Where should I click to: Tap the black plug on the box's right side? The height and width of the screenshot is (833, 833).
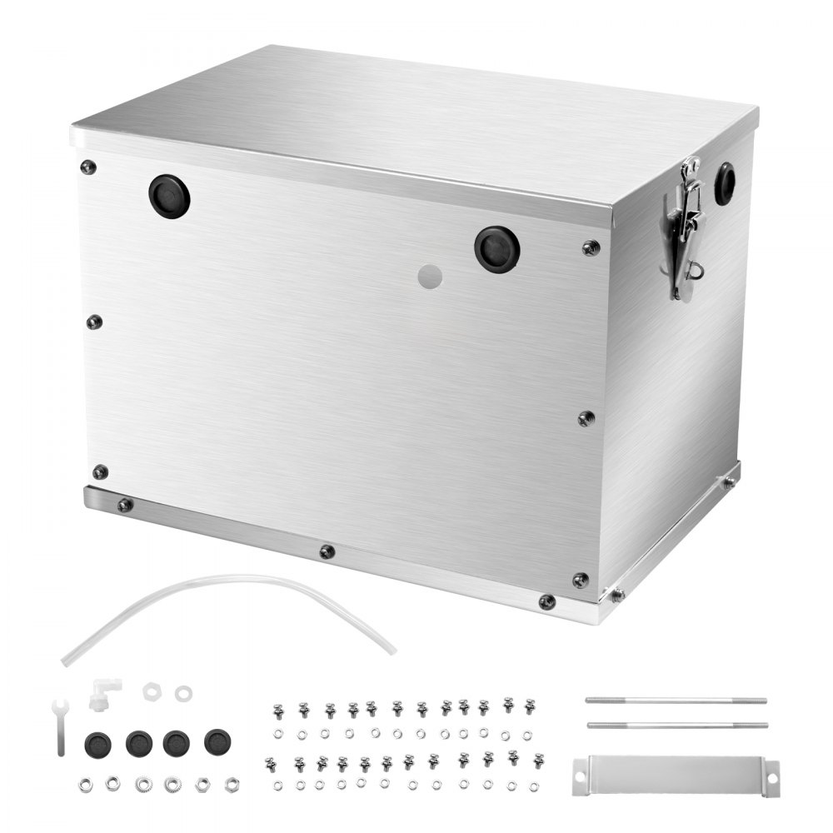[724, 183]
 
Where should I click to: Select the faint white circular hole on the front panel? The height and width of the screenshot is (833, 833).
[429, 277]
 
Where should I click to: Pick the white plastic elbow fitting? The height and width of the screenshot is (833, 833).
[104, 692]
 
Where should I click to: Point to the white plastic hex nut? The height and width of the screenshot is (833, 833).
[151, 691]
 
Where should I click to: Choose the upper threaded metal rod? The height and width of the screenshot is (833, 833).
[676, 701]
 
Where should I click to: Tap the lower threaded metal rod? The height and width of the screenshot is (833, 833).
[676, 725]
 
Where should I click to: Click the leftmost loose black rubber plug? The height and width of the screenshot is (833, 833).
[97, 743]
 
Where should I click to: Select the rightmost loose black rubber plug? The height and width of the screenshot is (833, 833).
[217, 741]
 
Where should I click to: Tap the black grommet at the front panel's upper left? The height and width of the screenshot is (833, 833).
[169, 197]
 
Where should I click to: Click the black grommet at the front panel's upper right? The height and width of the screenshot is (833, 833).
[497, 249]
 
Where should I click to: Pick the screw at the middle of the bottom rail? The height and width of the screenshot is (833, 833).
[327, 551]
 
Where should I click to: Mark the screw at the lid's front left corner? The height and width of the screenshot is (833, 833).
[87, 167]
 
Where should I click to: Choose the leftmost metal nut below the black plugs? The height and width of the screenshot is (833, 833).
[85, 784]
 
